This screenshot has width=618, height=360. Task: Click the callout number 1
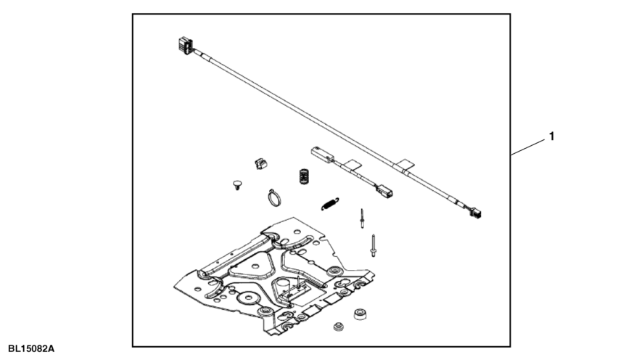(x=551, y=136)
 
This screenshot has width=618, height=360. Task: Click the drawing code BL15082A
(x=31, y=349)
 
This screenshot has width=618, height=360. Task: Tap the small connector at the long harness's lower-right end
(x=476, y=213)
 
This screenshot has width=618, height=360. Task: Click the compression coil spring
(x=303, y=176)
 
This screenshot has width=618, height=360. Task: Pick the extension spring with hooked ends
(x=330, y=204)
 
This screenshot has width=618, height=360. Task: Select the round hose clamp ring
(x=274, y=197)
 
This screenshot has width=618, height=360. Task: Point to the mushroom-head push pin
(x=237, y=184)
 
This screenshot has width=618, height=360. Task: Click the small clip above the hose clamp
(x=260, y=163)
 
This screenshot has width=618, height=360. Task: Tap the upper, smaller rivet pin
(x=362, y=218)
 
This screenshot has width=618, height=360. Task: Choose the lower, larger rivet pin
(x=373, y=245)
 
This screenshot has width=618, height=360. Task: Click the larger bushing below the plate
(x=360, y=314)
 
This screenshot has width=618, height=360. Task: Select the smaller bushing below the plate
(x=338, y=327)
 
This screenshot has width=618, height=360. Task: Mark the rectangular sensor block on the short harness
(x=322, y=154)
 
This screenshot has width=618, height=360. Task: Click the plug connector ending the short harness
(x=384, y=192)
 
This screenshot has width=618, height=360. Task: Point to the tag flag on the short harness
(x=352, y=165)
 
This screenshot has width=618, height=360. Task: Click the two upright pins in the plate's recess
(x=294, y=286)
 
